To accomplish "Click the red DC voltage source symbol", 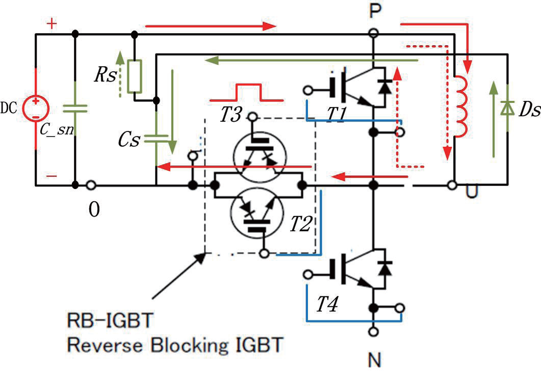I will click(x=36, y=108).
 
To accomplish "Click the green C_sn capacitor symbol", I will click(x=75, y=109).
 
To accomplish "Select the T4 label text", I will click(x=327, y=304).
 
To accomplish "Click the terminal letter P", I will click(x=375, y=11).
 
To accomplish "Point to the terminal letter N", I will click(x=375, y=360).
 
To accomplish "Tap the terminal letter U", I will click(x=472, y=192).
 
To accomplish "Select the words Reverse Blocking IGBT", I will click(x=174, y=345).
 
